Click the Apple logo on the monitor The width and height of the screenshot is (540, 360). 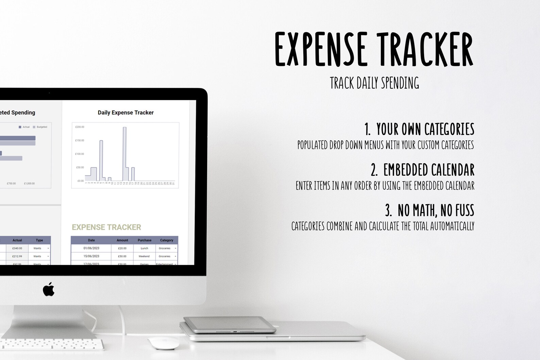[x=49, y=289]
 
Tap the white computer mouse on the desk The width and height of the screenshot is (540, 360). [x=164, y=343]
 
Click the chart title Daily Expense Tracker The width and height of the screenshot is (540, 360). [x=125, y=113]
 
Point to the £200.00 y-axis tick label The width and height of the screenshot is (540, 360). [x=80, y=127]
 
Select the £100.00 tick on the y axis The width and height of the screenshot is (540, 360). [x=80, y=154]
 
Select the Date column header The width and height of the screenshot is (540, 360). [x=91, y=240]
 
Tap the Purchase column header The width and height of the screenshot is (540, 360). [x=145, y=240]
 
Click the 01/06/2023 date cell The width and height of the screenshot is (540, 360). [x=91, y=248]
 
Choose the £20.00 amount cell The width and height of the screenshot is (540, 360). [x=122, y=248]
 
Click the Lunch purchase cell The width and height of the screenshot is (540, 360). [x=145, y=248]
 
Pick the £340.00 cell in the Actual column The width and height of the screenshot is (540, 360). [x=17, y=248]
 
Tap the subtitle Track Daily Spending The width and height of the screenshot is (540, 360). [x=374, y=83]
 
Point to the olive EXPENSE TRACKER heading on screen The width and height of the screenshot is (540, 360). [x=106, y=227]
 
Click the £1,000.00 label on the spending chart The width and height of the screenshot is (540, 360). [x=29, y=184]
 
